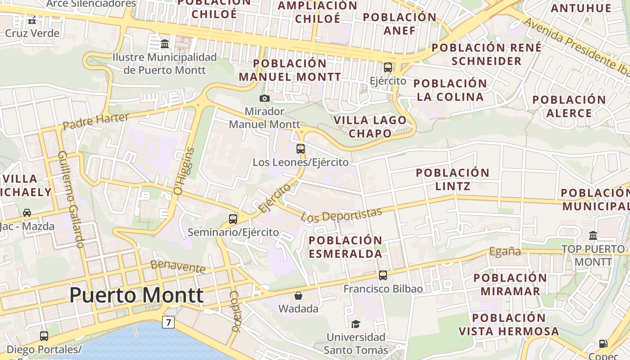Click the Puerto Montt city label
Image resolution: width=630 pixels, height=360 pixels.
point(136,296)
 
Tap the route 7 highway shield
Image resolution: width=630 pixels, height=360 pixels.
point(168,322)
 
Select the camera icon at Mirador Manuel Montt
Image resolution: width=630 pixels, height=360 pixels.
point(265,98)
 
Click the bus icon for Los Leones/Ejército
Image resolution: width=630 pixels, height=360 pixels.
point(301,148)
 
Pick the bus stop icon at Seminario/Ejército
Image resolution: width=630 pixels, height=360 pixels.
point(233,219)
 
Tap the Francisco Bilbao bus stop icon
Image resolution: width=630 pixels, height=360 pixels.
point(383,275)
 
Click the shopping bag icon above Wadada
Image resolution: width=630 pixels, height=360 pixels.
point(298,296)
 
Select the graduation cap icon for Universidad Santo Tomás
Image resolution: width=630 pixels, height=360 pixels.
point(355,324)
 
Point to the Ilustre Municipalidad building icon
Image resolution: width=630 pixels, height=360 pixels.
point(165,44)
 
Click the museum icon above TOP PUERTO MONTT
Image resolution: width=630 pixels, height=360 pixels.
point(593,235)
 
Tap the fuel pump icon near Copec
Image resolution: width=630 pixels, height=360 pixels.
point(603,344)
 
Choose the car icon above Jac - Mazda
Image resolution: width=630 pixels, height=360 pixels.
point(27,212)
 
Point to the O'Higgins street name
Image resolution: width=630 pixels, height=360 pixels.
point(184,171)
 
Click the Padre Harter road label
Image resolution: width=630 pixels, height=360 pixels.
point(95,121)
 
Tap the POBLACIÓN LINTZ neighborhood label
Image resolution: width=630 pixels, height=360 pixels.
point(452,179)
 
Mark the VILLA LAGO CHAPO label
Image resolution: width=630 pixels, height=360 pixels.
point(370,127)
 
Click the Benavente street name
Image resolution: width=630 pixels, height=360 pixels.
point(178,266)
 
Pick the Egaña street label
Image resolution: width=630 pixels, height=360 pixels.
point(505,252)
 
